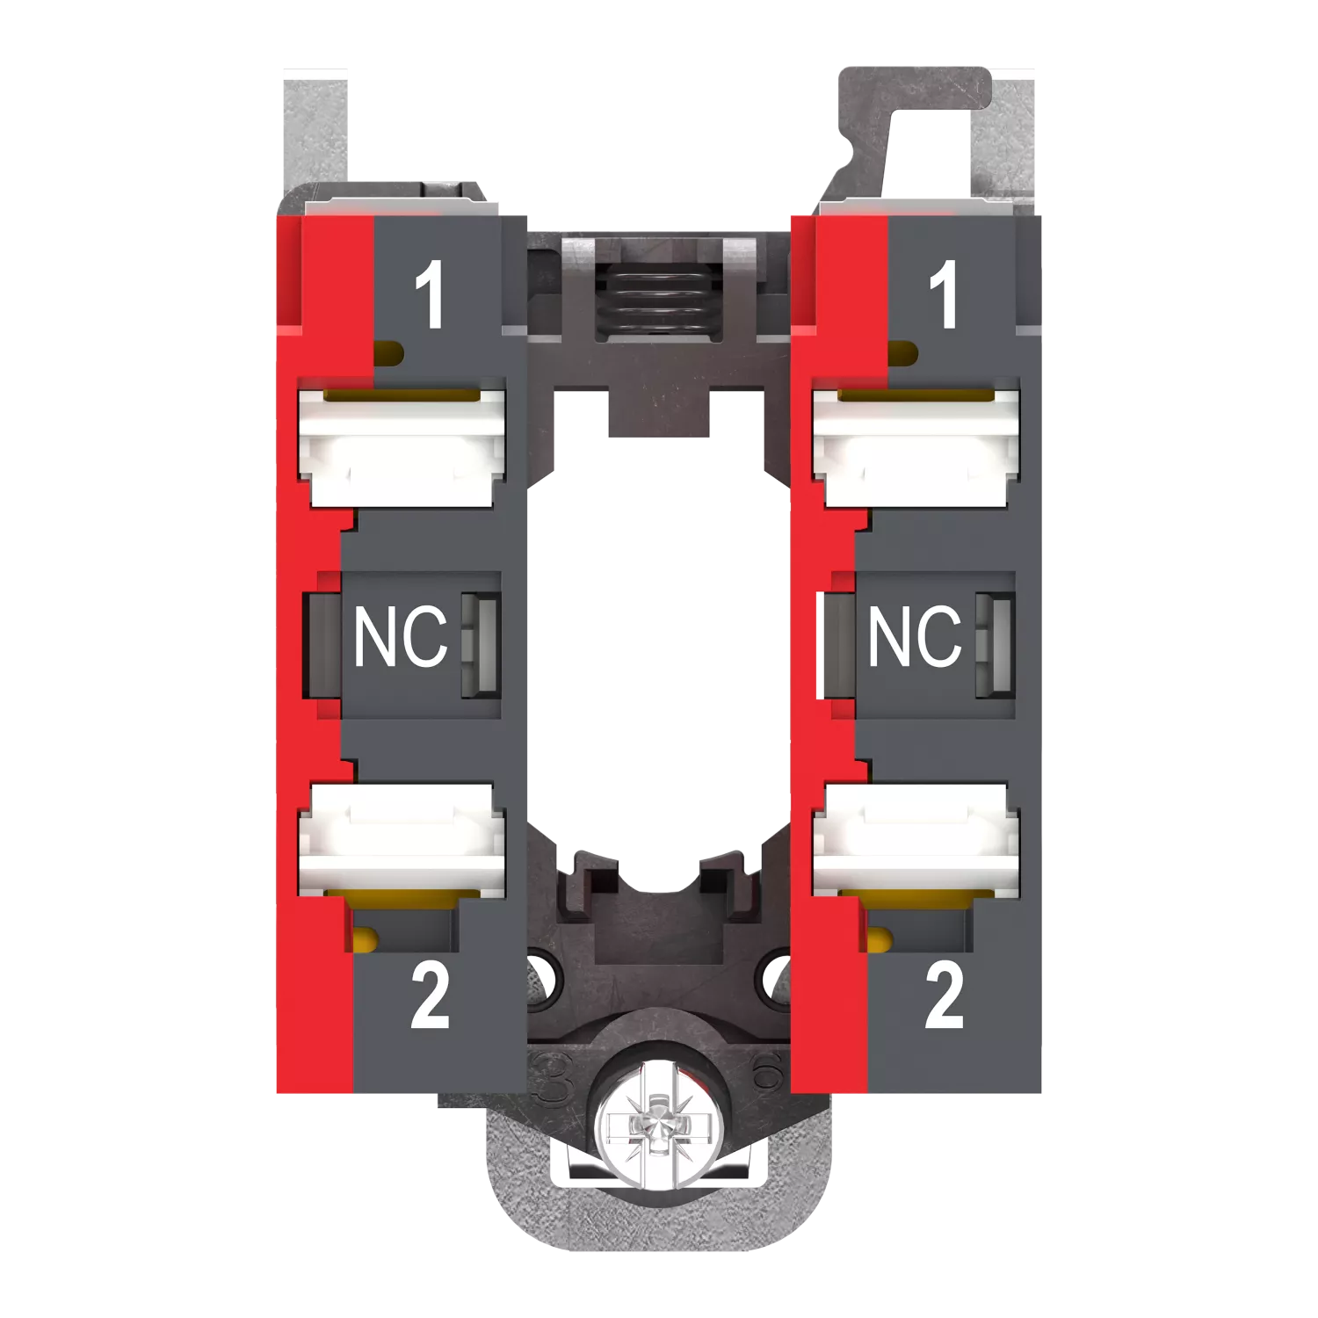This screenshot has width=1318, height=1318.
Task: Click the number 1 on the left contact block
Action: pyautogui.click(x=430, y=295)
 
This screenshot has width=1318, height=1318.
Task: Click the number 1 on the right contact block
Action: pyautogui.click(x=944, y=295)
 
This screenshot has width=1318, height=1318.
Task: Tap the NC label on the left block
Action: pyautogui.click(x=401, y=635)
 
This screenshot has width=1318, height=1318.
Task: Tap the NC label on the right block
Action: pyautogui.click(x=915, y=635)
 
